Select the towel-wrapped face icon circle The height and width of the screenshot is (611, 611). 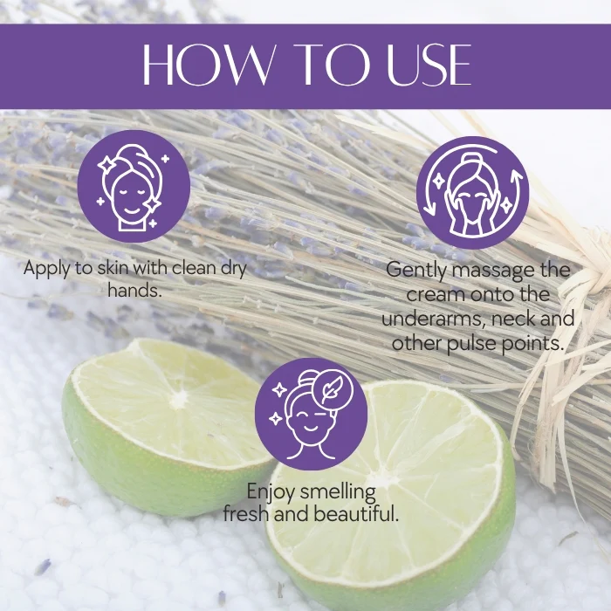click(134, 186)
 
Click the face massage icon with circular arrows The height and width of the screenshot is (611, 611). click(473, 193)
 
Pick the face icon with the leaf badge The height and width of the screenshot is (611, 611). click(311, 414)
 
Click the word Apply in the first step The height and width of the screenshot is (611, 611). click(46, 269)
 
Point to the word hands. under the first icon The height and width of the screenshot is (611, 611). click(134, 291)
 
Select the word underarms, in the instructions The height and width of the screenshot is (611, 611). click(434, 319)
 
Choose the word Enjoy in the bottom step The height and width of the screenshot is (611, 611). click(271, 492)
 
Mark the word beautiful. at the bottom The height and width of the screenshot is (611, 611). click(356, 513)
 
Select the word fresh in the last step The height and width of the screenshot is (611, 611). click(247, 513)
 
